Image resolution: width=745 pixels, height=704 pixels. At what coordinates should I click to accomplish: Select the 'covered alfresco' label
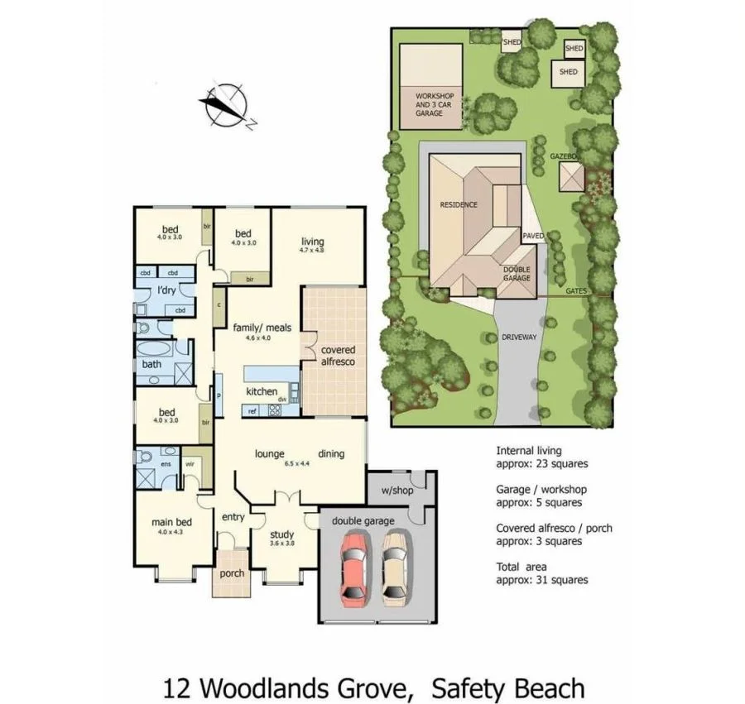point(338,356)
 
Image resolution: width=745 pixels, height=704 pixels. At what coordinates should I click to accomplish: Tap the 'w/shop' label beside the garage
point(397,490)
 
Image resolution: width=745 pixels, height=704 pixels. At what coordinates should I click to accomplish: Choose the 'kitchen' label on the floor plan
point(262,391)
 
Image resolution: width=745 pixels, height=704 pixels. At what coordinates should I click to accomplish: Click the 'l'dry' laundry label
point(166,290)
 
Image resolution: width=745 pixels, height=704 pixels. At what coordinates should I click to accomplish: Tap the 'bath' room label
point(151,364)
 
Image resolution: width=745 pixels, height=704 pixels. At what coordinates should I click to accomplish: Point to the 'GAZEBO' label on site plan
point(563,156)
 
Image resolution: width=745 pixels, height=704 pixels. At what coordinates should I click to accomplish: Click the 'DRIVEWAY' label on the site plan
point(519,338)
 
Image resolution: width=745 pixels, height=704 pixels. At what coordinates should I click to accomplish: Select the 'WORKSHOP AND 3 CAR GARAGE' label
point(435,104)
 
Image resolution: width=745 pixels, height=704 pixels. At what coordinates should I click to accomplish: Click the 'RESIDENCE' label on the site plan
point(458,204)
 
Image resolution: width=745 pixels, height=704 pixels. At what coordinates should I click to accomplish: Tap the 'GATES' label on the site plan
point(576,291)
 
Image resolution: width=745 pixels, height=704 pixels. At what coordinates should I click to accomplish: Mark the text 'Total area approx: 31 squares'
point(542,573)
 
